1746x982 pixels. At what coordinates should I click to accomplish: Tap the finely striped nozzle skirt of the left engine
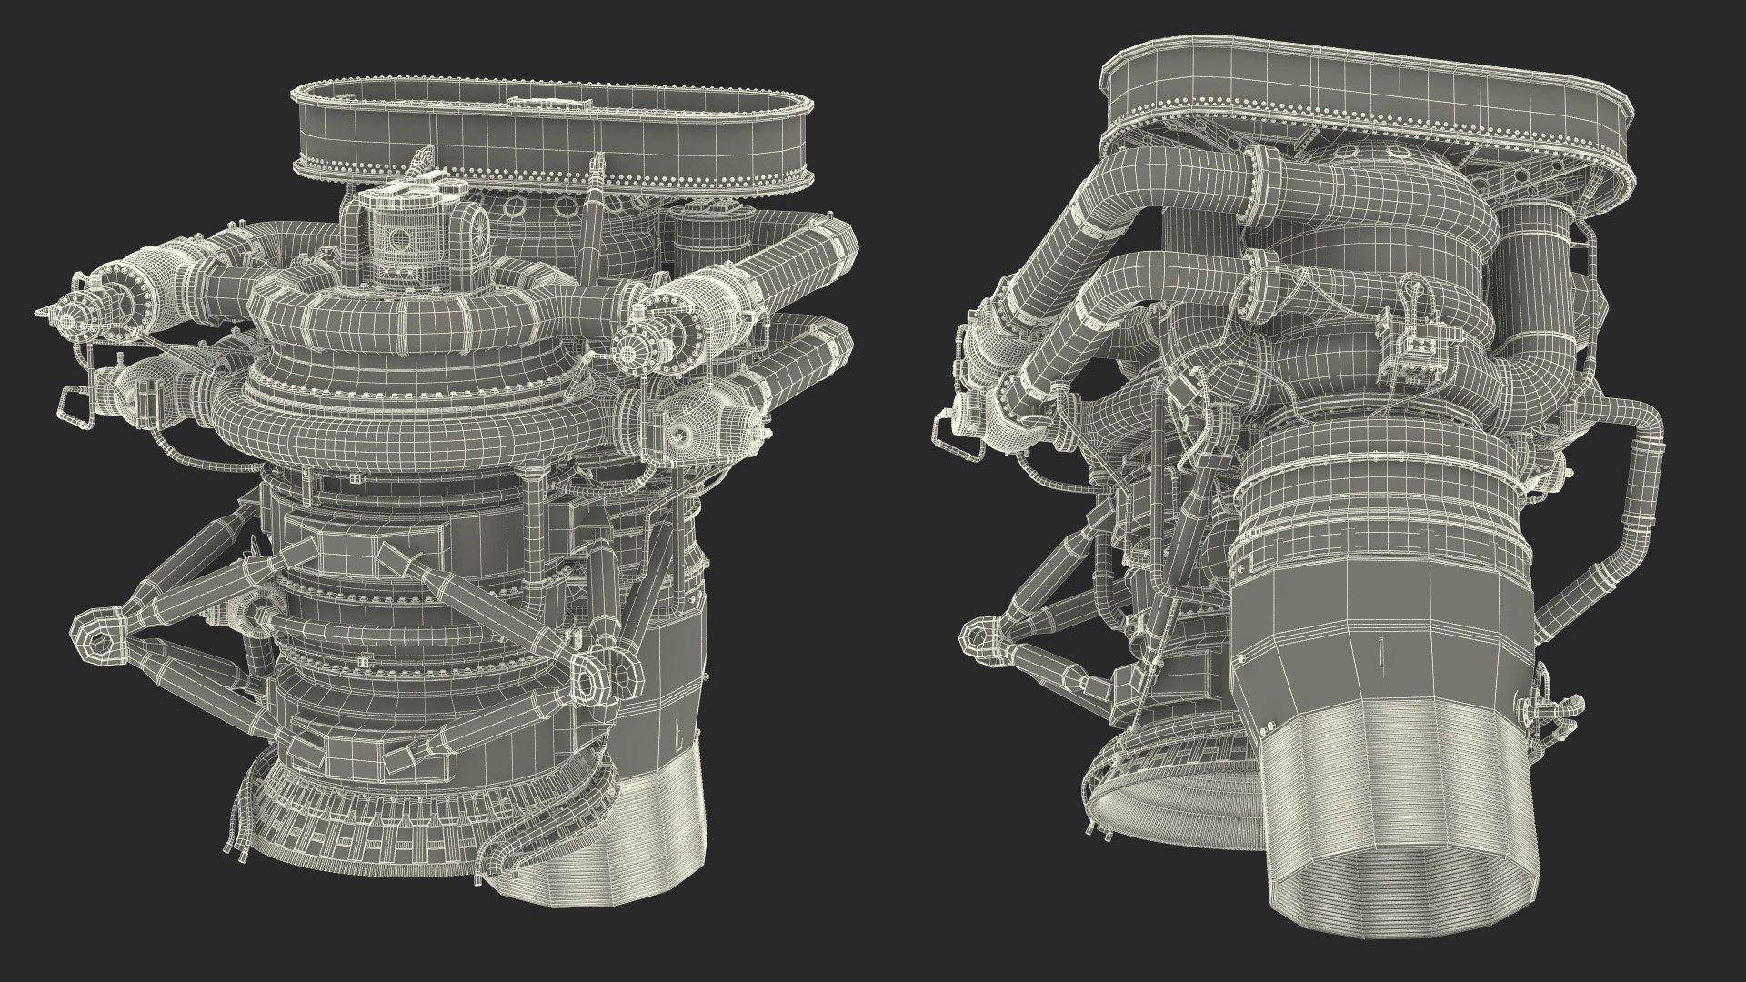pyautogui.click(x=618, y=837)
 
